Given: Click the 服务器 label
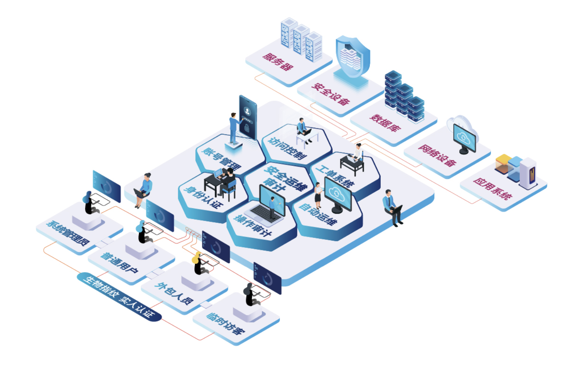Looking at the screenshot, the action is [x=278, y=62].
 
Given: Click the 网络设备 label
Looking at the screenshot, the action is [x=437, y=155].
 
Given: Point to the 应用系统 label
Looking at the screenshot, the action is [x=492, y=189].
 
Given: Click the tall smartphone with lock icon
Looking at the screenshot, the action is [x=248, y=118].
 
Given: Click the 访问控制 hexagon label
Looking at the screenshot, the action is [x=287, y=148].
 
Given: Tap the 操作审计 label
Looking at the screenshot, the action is [x=252, y=226].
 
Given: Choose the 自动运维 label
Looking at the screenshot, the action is [x=318, y=214].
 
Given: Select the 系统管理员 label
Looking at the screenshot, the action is [x=68, y=233].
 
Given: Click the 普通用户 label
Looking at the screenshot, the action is [x=119, y=263].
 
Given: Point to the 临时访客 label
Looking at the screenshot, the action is [x=226, y=324].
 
